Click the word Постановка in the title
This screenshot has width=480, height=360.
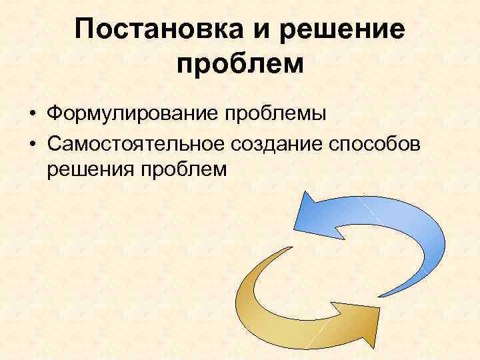point(151,31)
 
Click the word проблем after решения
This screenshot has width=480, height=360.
point(184,169)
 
